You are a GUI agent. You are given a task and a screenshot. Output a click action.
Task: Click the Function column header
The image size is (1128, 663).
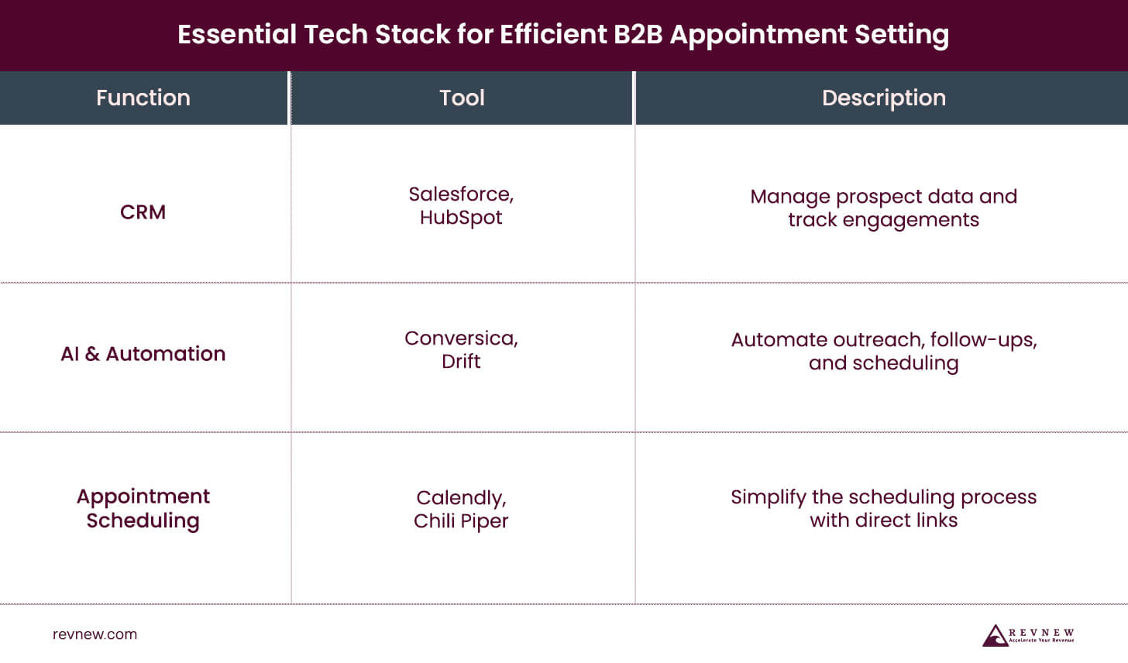[143, 98]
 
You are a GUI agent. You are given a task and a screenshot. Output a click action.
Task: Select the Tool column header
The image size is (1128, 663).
[462, 98]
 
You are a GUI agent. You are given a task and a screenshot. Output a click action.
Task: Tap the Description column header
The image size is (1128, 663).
[883, 98]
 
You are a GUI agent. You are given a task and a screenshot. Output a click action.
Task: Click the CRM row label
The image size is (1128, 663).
[143, 212]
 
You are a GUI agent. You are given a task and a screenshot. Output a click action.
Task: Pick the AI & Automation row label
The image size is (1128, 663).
[143, 354]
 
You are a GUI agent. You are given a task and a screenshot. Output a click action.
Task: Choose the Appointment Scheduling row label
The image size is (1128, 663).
[143, 508]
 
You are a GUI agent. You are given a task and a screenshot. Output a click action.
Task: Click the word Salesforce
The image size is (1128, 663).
[459, 194]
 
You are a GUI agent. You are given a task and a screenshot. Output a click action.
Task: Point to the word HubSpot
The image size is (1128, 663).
[461, 218]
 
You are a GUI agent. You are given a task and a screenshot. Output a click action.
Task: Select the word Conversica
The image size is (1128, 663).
[459, 338]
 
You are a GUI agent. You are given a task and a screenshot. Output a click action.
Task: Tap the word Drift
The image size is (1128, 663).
[461, 362]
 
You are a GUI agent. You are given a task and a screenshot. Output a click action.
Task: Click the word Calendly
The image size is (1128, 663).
[459, 497]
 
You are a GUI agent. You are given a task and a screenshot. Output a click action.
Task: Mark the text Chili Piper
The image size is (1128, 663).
[461, 520]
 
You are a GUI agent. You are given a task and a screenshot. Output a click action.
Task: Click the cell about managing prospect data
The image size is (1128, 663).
[883, 208]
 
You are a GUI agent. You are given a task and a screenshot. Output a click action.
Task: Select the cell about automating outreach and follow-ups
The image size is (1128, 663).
[883, 351]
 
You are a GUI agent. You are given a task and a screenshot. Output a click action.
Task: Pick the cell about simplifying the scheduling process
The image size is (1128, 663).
[883, 508]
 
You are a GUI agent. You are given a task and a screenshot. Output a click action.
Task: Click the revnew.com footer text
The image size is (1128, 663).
[95, 634]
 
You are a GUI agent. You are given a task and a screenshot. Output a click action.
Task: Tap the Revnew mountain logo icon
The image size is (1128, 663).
[994, 636]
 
